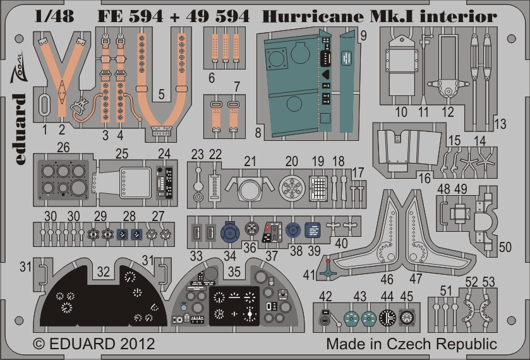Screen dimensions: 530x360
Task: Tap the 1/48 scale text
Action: (x=54, y=16)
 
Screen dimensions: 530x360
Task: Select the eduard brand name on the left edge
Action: (x=20, y=129)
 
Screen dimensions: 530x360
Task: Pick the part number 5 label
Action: (x=161, y=94)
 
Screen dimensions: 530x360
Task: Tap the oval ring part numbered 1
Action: (x=44, y=104)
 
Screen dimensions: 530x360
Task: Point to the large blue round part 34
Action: (x=230, y=232)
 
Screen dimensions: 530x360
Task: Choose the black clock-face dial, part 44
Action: (x=387, y=318)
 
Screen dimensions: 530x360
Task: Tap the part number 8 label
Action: (x=258, y=133)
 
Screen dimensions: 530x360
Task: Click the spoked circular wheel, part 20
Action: (x=292, y=188)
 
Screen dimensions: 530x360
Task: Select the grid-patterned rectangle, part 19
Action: (x=318, y=188)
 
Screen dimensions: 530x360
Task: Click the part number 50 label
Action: (x=505, y=247)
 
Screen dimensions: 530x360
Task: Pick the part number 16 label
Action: (x=425, y=178)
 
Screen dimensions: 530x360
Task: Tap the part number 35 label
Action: (x=234, y=272)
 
